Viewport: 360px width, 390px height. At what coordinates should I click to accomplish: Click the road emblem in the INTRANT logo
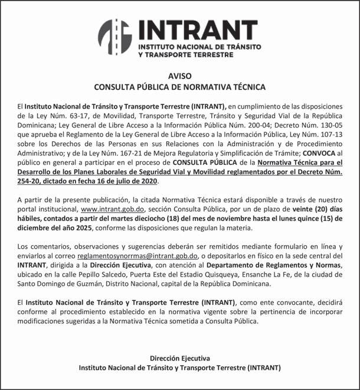pos(114,36)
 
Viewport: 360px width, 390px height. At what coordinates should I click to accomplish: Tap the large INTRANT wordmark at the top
pos(198,30)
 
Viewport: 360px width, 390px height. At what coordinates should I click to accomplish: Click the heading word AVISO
pos(180,76)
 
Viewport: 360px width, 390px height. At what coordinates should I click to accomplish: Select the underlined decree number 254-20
pos(30,181)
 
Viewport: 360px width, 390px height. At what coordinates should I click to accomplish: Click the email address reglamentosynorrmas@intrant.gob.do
pos(138,256)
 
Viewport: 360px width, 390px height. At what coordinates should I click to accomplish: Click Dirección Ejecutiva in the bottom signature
pos(179,358)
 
